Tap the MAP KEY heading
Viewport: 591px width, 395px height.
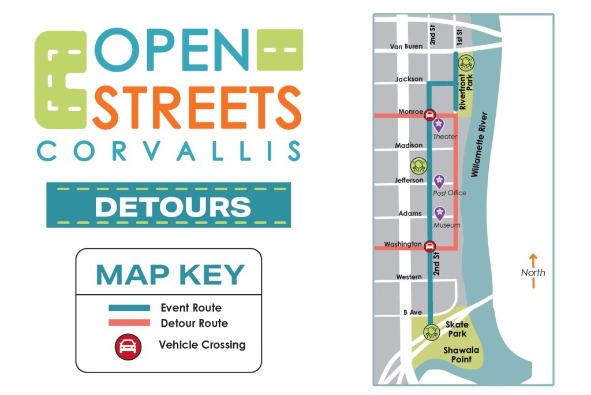pos(170,275)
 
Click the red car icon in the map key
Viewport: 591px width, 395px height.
pos(128,346)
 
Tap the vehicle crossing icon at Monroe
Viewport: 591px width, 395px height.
pos(430,115)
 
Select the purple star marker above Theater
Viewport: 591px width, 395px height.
pos(439,124)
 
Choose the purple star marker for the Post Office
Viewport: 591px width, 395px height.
pos(440,181)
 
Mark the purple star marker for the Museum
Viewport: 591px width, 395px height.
pos(440,213)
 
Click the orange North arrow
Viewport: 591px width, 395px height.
pos(533,271)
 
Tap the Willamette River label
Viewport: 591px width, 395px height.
pos(480,144)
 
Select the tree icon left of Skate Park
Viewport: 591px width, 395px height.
pos(431,332)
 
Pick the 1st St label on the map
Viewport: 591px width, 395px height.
pos(460,38)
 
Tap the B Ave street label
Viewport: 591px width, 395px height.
pos(413,312)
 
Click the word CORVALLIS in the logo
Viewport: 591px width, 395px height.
pos(169,151)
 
